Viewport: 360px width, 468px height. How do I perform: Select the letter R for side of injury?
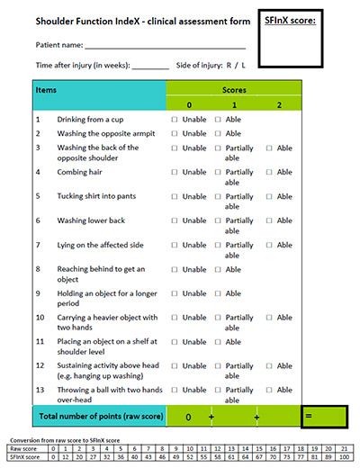[x=230, y=65]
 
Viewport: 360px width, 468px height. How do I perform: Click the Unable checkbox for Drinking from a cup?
[x=175, y=119]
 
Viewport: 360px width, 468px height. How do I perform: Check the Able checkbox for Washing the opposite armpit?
[x=218, y=133]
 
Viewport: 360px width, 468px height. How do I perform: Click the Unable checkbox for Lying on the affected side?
[x=175, y=244]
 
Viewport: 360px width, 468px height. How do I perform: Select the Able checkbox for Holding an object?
[x=218, y=292]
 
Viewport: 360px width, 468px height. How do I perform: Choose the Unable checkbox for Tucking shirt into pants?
[x=175, y=195]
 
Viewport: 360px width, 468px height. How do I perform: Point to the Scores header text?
[x=234, y=91]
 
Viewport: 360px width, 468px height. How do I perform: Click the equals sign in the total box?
[x=308, y=417]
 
